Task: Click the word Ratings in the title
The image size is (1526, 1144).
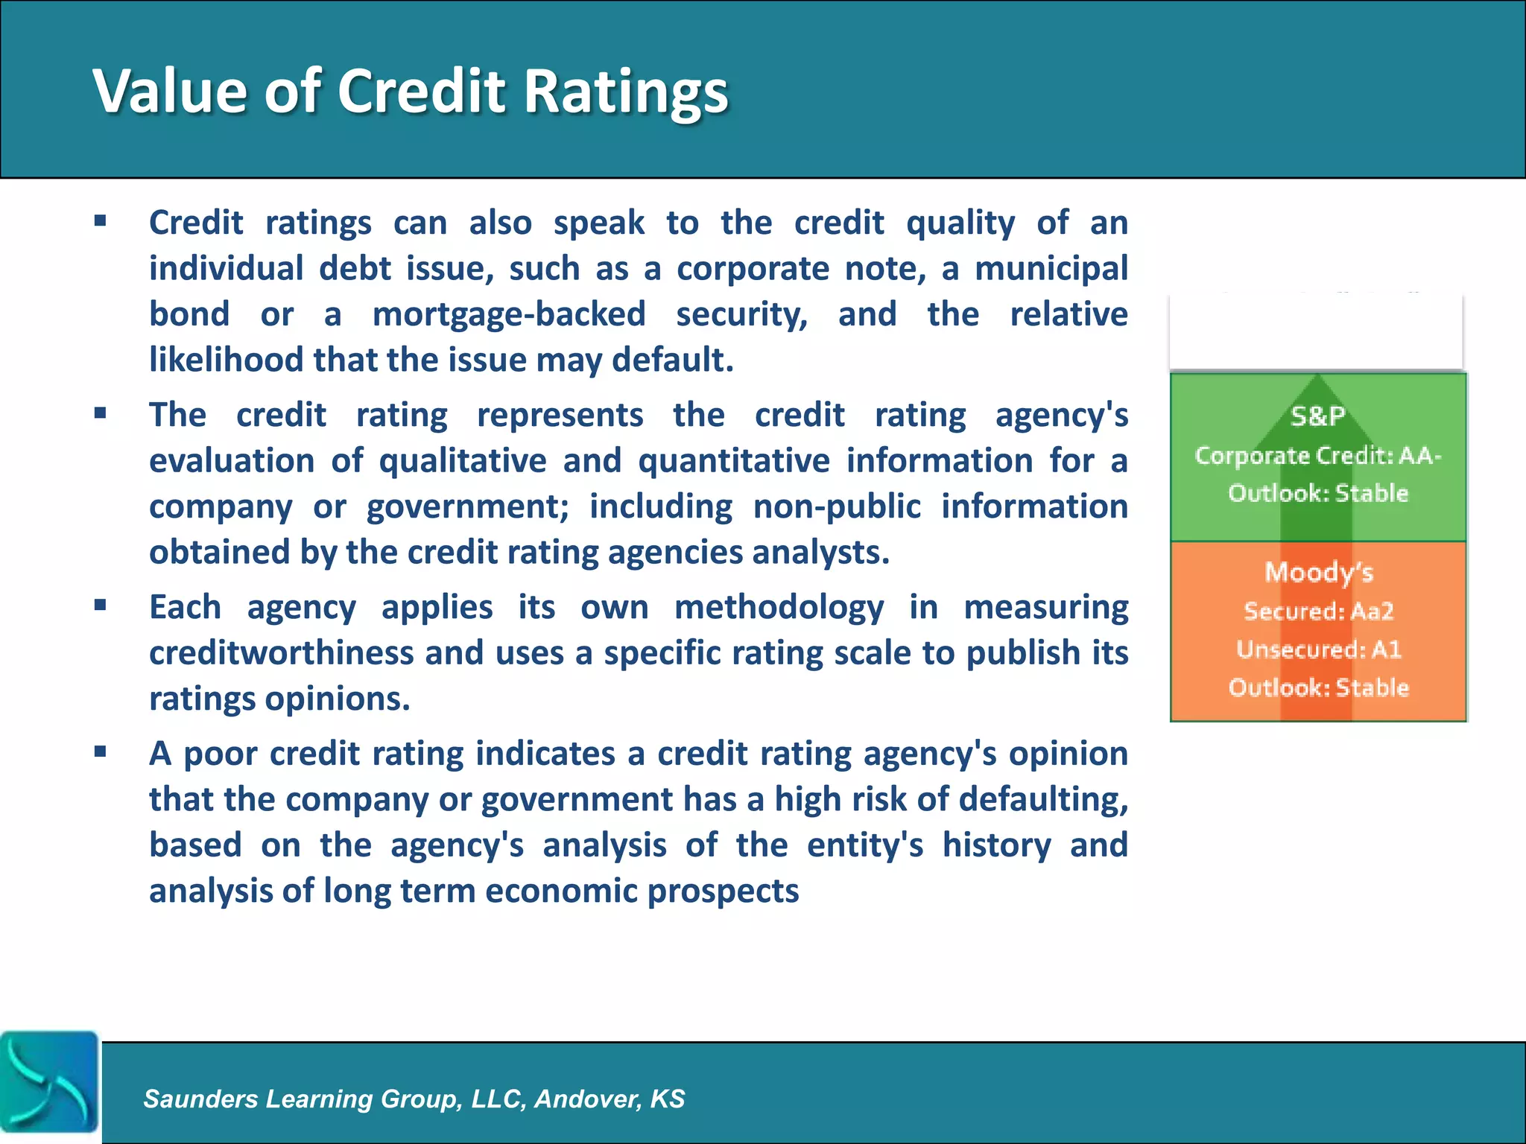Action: (625, 92)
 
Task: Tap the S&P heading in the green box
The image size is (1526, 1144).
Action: (1317, 416)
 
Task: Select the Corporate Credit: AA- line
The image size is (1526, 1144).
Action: (1317, 455)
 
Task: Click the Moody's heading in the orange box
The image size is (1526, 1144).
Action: (1318, 572)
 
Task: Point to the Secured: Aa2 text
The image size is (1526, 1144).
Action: (1318, 611)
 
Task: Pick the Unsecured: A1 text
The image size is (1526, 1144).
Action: (1318, 649)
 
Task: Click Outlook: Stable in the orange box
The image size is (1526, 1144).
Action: (1318, 687)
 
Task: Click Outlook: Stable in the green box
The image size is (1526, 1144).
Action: (1317, 493)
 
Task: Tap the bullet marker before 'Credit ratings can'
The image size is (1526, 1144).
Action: (101, 220)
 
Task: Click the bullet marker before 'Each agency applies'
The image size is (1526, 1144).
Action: (101, 605)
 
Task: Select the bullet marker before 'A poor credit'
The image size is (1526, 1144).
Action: (101, 751)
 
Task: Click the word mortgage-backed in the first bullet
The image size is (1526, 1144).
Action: (509, 314)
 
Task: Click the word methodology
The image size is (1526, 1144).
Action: (779, 606)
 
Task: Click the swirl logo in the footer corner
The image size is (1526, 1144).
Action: (49, 1081)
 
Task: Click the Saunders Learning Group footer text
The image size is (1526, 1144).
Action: (414, 1099)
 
